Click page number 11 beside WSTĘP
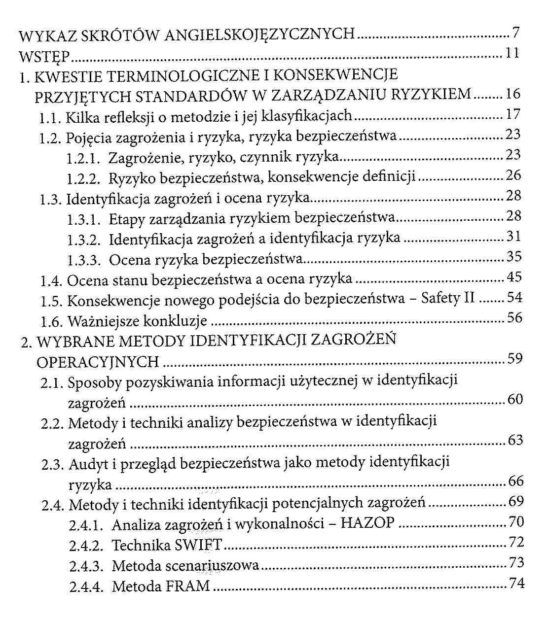click(511, 53)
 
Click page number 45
click(514, 277)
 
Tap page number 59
click(514, 358)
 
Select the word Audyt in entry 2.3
click(87, 464)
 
